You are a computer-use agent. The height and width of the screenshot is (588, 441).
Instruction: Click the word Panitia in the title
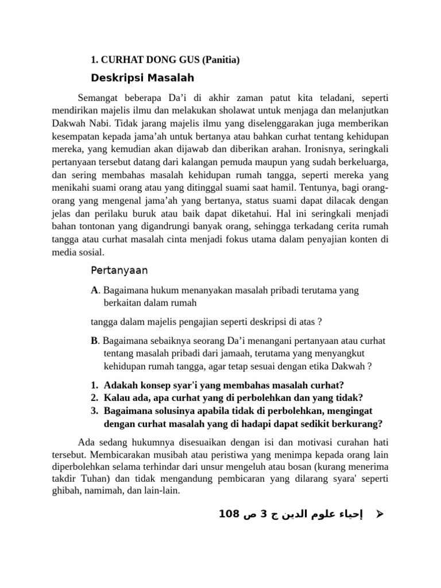pos(219,59)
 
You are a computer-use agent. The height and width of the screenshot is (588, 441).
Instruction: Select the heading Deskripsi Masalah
pos(142,78)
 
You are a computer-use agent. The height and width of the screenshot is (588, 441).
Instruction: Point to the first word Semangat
pos(99,97)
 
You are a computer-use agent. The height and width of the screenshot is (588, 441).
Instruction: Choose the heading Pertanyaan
pos(119,270)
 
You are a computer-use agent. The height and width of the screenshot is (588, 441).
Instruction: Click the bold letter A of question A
pos(94,291)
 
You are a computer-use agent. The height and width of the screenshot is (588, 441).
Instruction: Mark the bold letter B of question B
pos(94,341)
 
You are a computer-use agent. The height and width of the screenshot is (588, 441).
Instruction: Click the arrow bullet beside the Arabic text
pos(378,514)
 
